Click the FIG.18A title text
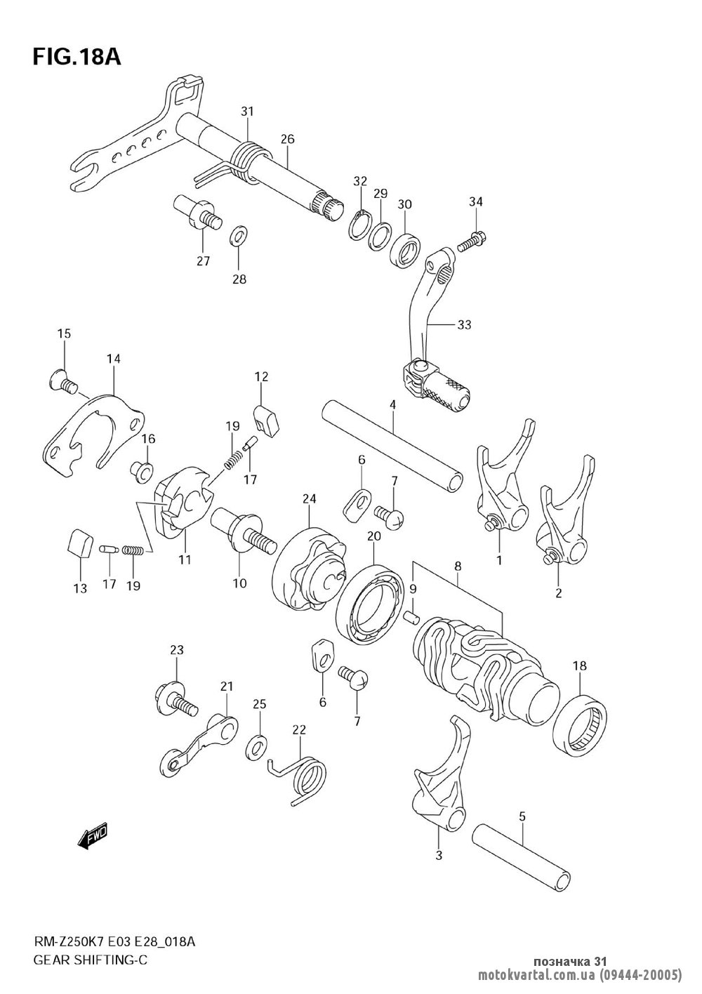tap(77, 58)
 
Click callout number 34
tap(476, 201)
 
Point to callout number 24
tap(310, 499)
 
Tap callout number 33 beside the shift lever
tap(464, 325)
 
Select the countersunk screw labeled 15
tap(62, 378)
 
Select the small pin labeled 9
tap(411, 617)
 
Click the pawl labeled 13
tap(80, 542)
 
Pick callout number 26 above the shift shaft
tap(287, 139)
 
